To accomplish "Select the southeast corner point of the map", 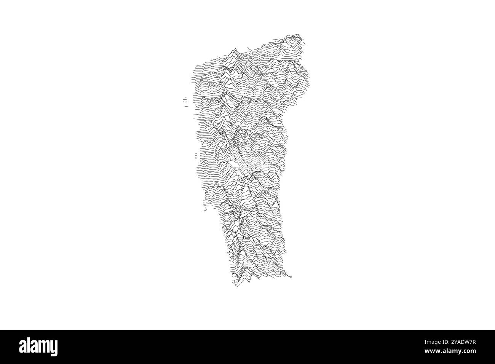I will point(291,276).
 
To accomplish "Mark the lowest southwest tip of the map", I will point(236,286).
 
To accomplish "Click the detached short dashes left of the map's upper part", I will point(185,101).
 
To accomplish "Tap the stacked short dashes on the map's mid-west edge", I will point(196,156).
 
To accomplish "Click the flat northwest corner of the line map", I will point(195,62).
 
